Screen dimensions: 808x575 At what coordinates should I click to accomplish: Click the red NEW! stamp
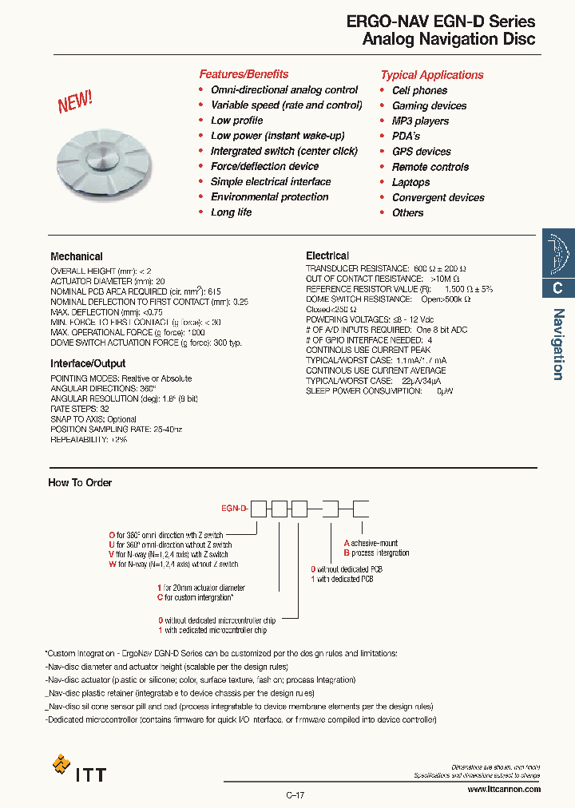pyautogui.click(x=75, y=101)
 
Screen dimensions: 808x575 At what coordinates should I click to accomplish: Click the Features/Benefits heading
pyautogui.click(x=244, y=74)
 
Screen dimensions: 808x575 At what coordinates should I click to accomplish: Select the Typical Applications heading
pyautogui.click(x=432, y=75)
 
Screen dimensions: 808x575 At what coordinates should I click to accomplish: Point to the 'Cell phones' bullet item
pyautogui.click(x=419, y=90)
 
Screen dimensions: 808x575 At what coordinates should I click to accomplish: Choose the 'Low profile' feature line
pyautogui.click(x=236, y=121)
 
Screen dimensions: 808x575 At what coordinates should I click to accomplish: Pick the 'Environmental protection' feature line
pyautogui.click(x=269, y=197)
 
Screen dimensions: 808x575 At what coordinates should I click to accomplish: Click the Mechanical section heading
pyautogui.click(x=77, y=257)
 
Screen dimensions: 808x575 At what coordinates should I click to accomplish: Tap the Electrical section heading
pyautogui.click(x=327, y=255)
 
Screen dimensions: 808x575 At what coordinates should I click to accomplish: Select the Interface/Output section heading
pyautogui.click(x=88, y=364)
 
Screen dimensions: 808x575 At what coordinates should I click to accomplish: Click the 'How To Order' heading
pyautogui.click(x=80, y=483)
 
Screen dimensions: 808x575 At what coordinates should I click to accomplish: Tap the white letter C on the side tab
pyautogui.click(x=558, y=289)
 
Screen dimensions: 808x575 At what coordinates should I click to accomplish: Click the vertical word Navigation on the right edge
pyautogui.click(x=558, y=344)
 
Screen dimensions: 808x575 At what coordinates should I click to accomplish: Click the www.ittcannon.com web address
pyautogui.click(x=503, y=790)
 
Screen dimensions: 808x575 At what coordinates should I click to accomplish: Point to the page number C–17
pyautogui.click(x=295, y=795)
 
